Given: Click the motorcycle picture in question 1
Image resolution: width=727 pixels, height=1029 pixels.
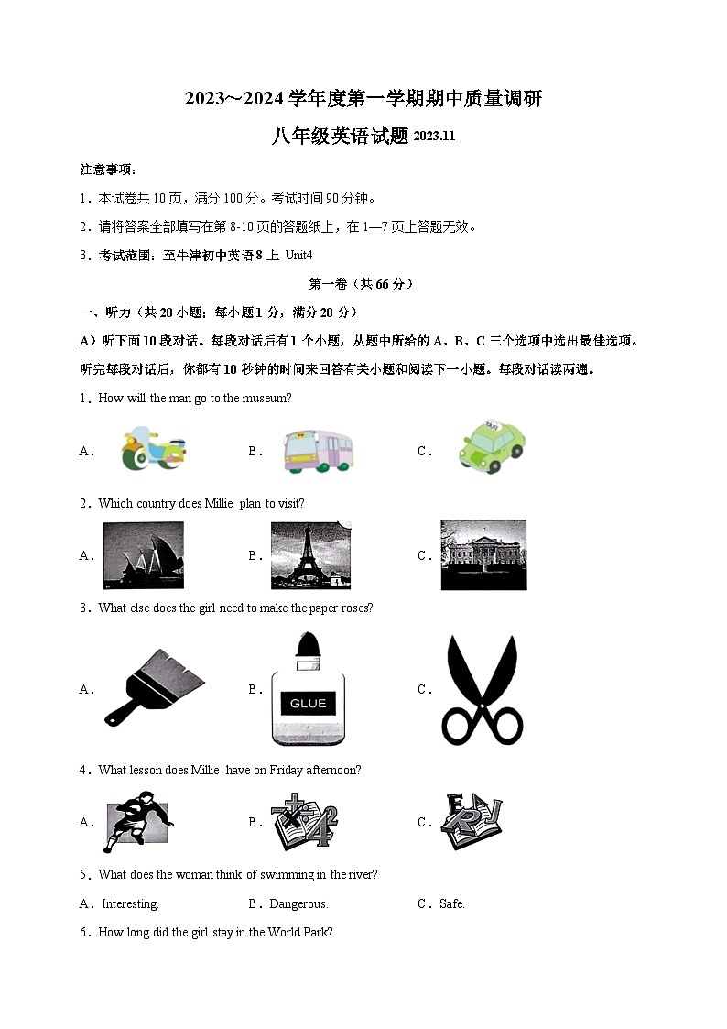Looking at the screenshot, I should coord(152,449).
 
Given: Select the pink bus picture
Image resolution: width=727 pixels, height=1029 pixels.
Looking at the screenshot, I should coord(318,451).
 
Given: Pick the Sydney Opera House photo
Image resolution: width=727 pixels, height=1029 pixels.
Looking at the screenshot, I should coord(143,555).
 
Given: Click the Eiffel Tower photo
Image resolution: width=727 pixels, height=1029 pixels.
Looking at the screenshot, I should coord(311,555).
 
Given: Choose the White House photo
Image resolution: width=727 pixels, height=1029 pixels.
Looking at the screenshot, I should coord(483,555).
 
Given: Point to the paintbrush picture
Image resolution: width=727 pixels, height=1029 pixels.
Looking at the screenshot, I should coord(153,687).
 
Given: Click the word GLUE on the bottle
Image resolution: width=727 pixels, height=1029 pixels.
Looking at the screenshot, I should coord(308,704).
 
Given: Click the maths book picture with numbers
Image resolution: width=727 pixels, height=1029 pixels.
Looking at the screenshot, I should coord(304,822).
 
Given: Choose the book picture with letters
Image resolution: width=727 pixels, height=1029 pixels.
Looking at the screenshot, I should coord(472,821).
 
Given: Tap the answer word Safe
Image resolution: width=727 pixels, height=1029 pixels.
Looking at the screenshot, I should coord(452,904).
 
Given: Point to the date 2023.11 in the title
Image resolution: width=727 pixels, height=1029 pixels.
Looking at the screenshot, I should coord(434,137).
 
